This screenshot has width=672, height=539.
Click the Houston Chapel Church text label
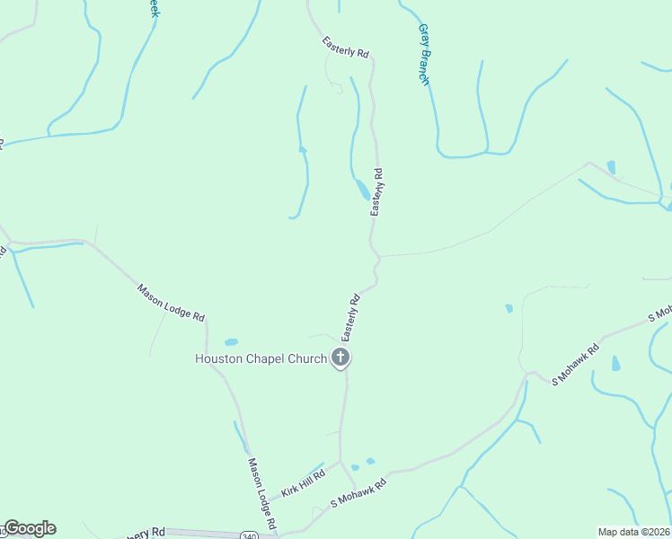coord(262,358)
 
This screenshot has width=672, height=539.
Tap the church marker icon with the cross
coord(340,358)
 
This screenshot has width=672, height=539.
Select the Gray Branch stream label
coord(424,55)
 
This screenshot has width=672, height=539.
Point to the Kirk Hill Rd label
coord(302,482)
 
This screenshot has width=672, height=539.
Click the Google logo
coord(30,528)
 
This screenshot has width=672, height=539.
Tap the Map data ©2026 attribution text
coord(633,532)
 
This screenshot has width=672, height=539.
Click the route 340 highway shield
coord(249,536)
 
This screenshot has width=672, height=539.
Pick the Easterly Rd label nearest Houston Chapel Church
coord(350,315)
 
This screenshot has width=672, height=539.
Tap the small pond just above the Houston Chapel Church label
coord(231,342)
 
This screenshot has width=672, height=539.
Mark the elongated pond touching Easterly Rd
coord(361,190)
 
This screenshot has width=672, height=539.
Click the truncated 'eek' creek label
coord(154,8)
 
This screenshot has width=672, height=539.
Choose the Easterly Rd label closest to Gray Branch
coord(346,48)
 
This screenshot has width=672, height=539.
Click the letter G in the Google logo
coord(12,528)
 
